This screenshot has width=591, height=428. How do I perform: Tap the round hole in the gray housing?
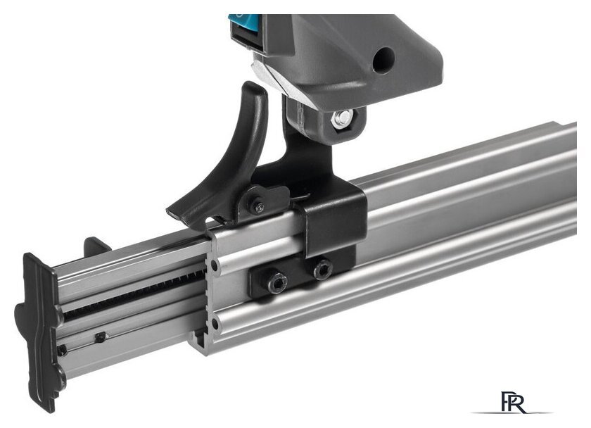383,59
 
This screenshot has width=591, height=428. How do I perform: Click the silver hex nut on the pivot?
343,118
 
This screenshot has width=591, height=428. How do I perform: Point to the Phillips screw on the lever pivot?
260,207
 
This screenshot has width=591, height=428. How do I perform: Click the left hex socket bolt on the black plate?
277,282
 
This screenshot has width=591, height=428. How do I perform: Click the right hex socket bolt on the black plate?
323,269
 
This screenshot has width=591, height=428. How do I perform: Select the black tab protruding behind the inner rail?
96,245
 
